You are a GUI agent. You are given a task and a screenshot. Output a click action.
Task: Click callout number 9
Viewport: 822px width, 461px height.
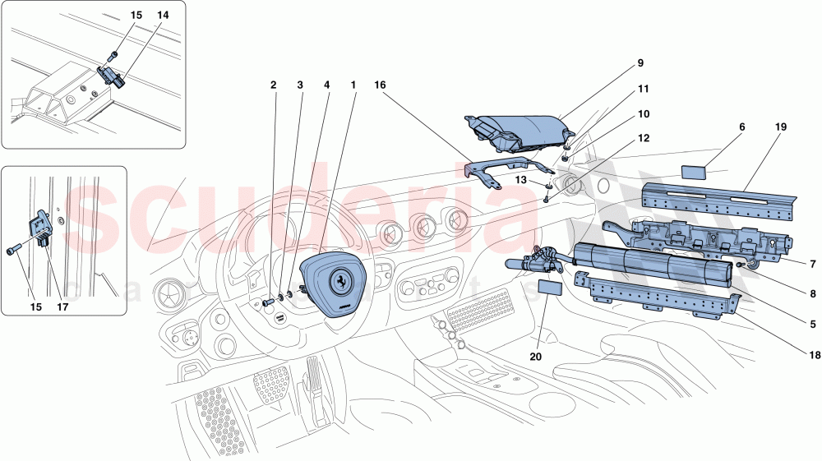639,62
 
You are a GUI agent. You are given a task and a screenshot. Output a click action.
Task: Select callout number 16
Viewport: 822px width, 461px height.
380,85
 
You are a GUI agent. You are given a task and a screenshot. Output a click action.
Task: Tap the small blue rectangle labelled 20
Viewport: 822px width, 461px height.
548,287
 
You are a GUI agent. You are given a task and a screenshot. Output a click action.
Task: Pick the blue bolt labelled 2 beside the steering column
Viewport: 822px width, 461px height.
267,302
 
